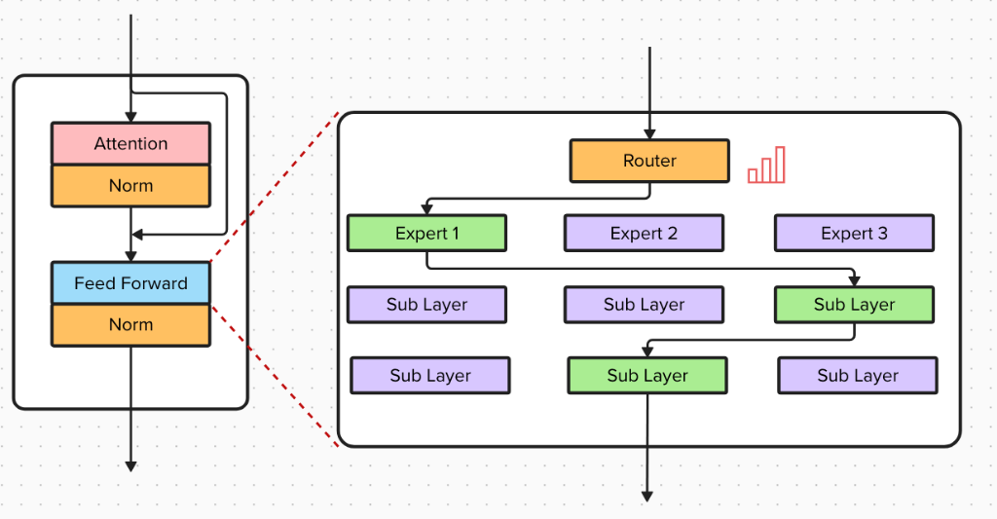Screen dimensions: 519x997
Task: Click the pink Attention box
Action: tap(130, 143)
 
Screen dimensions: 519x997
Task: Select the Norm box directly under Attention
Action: tap(130, 186)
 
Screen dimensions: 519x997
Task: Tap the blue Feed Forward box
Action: tap(130, 283)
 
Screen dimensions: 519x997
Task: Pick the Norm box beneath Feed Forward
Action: tap(130, 325)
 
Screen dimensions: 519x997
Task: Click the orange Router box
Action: tap(649, 161)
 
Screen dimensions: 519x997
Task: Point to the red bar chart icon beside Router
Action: tap(766, 166)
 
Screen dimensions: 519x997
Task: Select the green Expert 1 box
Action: tap(426, 234)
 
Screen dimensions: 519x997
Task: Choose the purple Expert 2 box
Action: tap(644, 234)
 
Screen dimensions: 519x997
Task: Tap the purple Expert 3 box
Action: tap(854, 234)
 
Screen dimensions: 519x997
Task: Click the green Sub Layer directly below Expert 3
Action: tap(854, 305)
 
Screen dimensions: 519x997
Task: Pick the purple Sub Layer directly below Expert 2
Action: tap(644, 305)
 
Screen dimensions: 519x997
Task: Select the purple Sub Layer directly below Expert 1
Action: tap(426, 305)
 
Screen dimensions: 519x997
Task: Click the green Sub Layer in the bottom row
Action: tap(647, 376)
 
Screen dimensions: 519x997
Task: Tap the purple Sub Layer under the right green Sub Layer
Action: tap(857, 376)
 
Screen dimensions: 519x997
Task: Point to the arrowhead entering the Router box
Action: tap(649, 134)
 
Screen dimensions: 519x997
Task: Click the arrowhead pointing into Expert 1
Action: tap(426, 209)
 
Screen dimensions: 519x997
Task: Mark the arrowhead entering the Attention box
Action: tap(130, 117)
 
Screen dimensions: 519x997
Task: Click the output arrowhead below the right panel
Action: tap(646, 497)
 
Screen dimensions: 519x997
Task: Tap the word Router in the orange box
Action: tap(649, 161)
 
